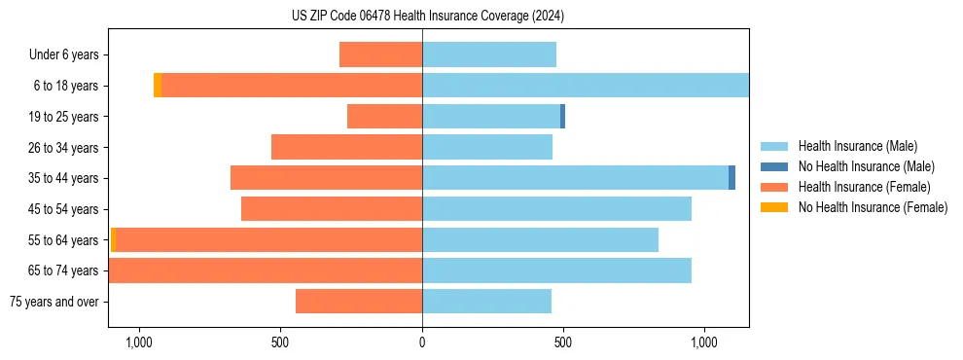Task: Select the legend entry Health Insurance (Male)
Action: tap(857, 146)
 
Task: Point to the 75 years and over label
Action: tap(54, 302)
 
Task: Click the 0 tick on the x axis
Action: tap(422, 342)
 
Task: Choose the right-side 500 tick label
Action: tap(563, 342)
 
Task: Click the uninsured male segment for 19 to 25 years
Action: tap(562, 117)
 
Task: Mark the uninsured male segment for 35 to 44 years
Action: tap(731, 178)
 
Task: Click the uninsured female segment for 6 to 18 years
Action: tap(158, 86)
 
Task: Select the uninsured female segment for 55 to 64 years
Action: tap(113, 239)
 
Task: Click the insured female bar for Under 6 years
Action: tap(380, 54)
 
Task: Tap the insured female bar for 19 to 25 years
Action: tap(384, 117)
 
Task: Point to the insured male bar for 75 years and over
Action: tap(486, 302)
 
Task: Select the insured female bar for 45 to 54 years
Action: tap(332, 209)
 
